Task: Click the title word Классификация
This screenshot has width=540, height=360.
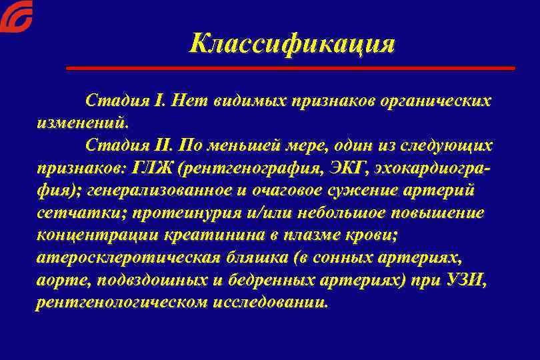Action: [292, 44]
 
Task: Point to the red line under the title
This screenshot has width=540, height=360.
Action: [291, 68]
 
